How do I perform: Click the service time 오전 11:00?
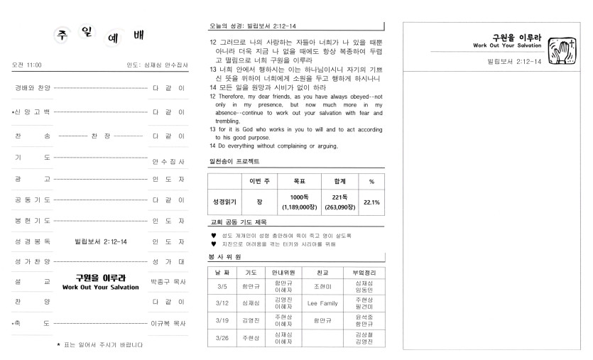pos(27,65)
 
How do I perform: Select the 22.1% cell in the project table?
pos(371,202)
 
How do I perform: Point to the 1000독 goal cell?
pos(299,202)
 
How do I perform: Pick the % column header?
pos(371,182)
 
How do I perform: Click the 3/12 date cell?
pos(221,303)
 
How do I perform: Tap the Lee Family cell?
pos(322,303)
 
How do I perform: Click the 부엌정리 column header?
pos(363,272)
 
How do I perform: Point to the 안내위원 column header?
pos(283,272)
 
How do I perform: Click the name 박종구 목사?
pos(168,280)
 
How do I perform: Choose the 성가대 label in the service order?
pos(168,262)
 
